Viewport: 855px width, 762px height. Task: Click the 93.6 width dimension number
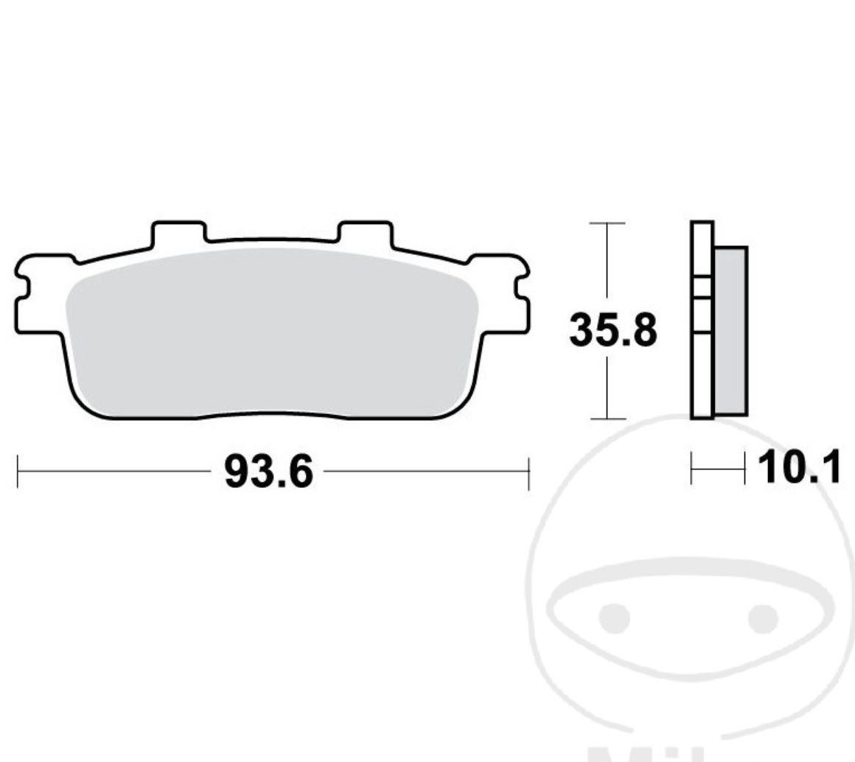tap(268, 472)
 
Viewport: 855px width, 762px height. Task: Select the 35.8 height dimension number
tap(613, 331)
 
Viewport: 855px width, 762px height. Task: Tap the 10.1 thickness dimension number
tap(798, 468)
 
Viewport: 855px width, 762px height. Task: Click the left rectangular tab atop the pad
tap(178, 232)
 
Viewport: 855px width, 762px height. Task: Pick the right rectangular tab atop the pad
tap(364, 232)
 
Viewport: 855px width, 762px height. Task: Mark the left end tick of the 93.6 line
tap(18, 472)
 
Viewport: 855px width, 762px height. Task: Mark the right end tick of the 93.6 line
tap(528, 472)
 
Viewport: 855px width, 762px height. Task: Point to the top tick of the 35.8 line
tap(607, 223)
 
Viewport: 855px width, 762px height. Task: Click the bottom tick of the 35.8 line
tap(607, 419)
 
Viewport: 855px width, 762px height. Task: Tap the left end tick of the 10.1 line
tap(691, 469)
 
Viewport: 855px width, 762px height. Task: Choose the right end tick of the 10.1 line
tap(745, 469)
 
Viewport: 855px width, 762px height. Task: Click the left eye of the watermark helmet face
tap(613, 618)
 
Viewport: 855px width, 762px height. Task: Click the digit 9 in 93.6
tap(237, 472)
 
